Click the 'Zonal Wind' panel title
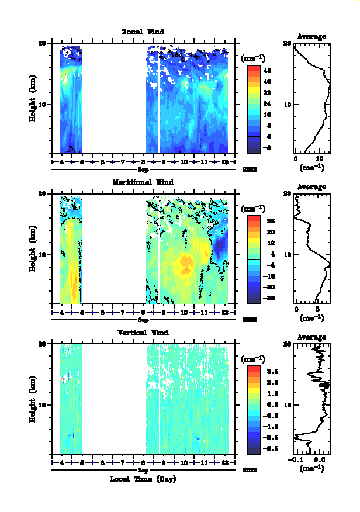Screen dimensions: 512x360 click(x=143, y=32)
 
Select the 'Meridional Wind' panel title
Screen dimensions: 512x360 click(x=143, y=182)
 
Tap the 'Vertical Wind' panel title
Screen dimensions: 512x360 click(x=143, y=333)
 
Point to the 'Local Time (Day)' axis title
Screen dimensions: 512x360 click(x=143, y=479)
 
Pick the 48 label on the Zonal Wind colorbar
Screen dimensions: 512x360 click(x=266, y=70)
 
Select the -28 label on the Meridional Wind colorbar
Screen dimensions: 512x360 click(x=266, y=298)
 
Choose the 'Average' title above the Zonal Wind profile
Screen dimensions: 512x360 click(x=311, y=37)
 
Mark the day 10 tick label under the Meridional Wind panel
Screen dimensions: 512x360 click(x=184, y=312)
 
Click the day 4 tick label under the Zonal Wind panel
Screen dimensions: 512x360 click(x=61, y=162)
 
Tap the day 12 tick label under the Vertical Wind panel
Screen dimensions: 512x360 click(x=225, y=463)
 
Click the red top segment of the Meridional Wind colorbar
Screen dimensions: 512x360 click(x=254, y=219)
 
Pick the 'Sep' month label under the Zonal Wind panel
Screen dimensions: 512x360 click(x=143, y=169)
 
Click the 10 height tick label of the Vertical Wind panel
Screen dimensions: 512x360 click(x=43, y=404)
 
